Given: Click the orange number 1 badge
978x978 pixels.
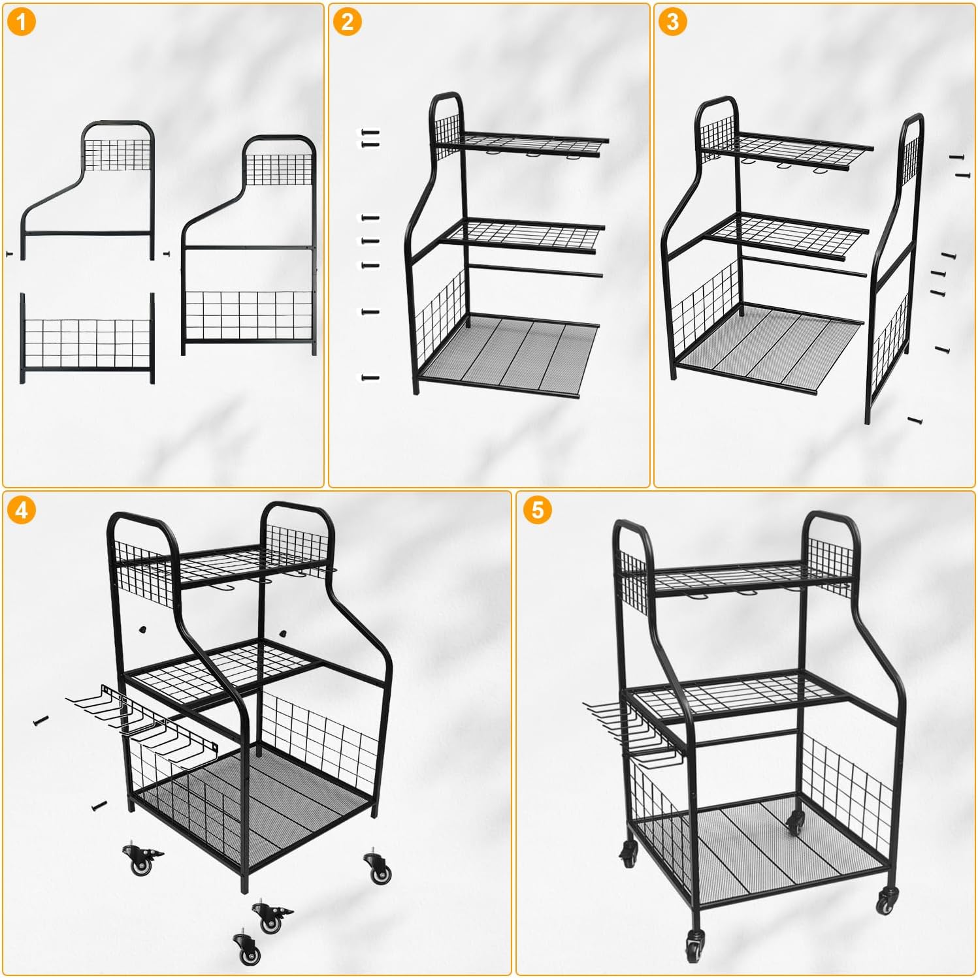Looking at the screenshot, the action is pos(22,23).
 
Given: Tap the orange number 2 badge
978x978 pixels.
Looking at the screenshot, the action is pos(347,22).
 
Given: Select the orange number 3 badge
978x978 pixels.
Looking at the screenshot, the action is pos(672,22).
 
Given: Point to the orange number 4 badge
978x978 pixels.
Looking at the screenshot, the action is pos(22,510).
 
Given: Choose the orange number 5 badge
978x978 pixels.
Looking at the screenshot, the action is pos(537,510).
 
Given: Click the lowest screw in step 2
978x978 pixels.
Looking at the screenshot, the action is pos(370,377).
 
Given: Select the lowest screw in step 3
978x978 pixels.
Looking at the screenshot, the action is pos(915,420).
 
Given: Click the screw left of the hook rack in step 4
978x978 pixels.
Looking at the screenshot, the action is pos(41,721).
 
